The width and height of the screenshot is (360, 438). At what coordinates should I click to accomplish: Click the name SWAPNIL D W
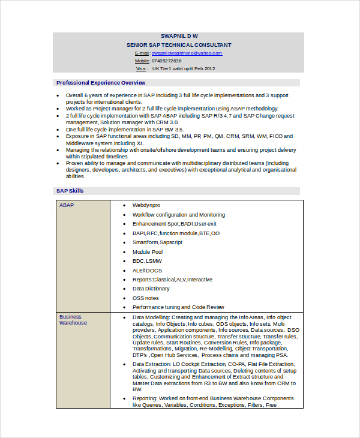pos(179,37)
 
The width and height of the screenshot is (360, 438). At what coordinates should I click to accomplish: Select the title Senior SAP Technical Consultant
pos(179,45)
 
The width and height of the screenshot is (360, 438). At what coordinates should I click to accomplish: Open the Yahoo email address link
pos(187,53)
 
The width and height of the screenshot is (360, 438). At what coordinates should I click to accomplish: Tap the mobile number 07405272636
pos(166,61)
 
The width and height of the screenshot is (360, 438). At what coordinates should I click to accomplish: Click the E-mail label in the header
pos(142,53)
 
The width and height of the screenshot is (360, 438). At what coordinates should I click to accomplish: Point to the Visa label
pos(140,68)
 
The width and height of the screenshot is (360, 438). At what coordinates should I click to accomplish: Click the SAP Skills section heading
pos(70,191)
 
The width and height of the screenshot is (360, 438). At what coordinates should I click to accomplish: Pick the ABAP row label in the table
pos(66,205)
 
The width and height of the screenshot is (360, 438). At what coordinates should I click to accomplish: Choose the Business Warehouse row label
pos(73,320)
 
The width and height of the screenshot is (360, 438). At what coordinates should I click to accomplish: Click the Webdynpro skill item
pos(146,205)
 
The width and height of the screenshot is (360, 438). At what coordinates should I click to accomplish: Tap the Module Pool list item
pos(148,252)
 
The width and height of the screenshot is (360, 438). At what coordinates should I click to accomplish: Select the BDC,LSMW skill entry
pos(147,261)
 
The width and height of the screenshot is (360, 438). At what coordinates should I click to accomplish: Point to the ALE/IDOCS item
pos(147,271)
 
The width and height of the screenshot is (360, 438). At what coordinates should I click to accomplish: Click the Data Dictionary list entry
pos(151,289)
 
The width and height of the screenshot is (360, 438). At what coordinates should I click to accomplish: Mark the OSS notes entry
pos(146,298)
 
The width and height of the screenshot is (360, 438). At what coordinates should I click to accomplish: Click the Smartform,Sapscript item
pos(157,242)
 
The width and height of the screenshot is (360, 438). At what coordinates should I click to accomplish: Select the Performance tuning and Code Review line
pos(178,307)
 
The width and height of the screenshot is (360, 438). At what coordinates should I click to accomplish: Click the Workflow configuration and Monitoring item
pos(179,214)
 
